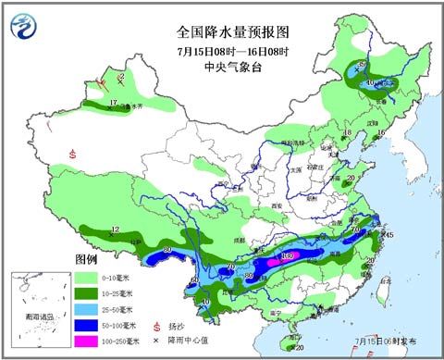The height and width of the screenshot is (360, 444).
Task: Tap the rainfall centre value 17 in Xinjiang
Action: coord(113,102)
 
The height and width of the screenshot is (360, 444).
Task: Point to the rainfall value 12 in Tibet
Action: coord(116,229)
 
